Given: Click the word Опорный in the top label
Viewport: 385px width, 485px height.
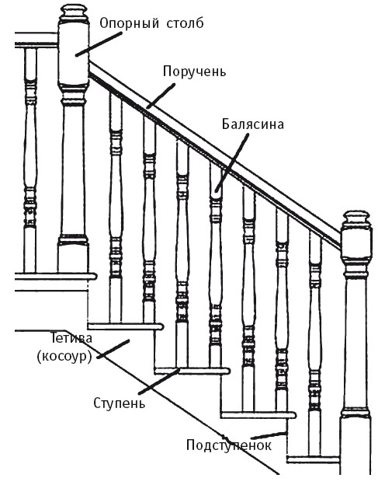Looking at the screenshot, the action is (130, 24).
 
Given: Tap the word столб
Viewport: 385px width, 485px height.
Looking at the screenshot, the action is (185, 23).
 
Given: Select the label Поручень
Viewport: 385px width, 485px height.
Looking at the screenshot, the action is (194, 72).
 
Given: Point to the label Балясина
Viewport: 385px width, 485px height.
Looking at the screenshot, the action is (253, 124).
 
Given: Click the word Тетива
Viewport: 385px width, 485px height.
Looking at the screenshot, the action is (71, 338).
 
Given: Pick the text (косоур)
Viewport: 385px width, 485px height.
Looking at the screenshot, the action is (64, 357).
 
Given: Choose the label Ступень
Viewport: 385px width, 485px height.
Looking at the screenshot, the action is (119, 403).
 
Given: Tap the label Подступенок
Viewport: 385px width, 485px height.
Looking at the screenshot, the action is (229, 445).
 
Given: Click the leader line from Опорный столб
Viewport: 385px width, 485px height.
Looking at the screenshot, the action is (99, 44).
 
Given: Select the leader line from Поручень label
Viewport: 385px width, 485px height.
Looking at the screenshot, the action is (161, 96).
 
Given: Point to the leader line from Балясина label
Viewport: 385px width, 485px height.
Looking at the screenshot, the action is (231, 163).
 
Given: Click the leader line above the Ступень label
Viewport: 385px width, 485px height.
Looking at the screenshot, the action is (159, 381).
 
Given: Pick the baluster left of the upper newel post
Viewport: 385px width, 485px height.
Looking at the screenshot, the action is (30, 160).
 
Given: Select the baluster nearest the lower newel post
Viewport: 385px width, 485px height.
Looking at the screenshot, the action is (315, 343).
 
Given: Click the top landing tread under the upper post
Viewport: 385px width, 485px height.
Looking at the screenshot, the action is (56, 276).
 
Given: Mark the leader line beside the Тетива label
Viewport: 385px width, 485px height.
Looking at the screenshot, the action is (113, 349).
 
